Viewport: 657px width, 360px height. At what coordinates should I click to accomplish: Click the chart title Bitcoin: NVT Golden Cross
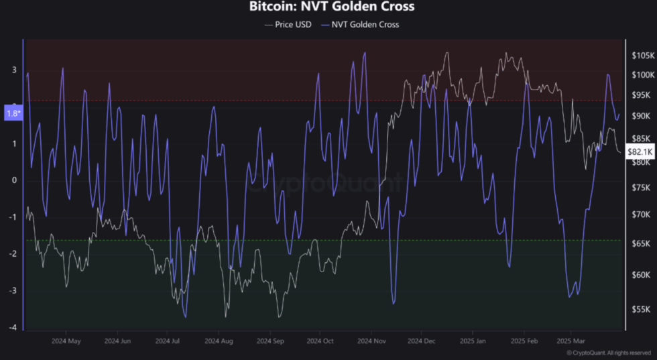click(331, 7)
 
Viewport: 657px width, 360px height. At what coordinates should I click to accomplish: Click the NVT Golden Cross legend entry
click(363, 25)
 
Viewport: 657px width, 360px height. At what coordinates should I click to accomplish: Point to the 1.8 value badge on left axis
click(13, 113)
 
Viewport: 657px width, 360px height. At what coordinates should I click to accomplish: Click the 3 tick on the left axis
click(14, 70)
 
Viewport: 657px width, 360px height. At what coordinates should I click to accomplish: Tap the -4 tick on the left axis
click(13, 327)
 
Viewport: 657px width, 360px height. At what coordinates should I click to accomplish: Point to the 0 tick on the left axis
click(14, 180)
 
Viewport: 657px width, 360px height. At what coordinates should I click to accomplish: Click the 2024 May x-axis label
click(66, 341)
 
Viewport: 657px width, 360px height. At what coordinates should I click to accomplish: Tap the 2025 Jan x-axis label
click(472, 341)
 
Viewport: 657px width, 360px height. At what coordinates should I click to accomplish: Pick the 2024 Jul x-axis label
click(167, 341)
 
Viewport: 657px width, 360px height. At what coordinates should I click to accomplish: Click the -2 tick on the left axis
click(13, 253)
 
